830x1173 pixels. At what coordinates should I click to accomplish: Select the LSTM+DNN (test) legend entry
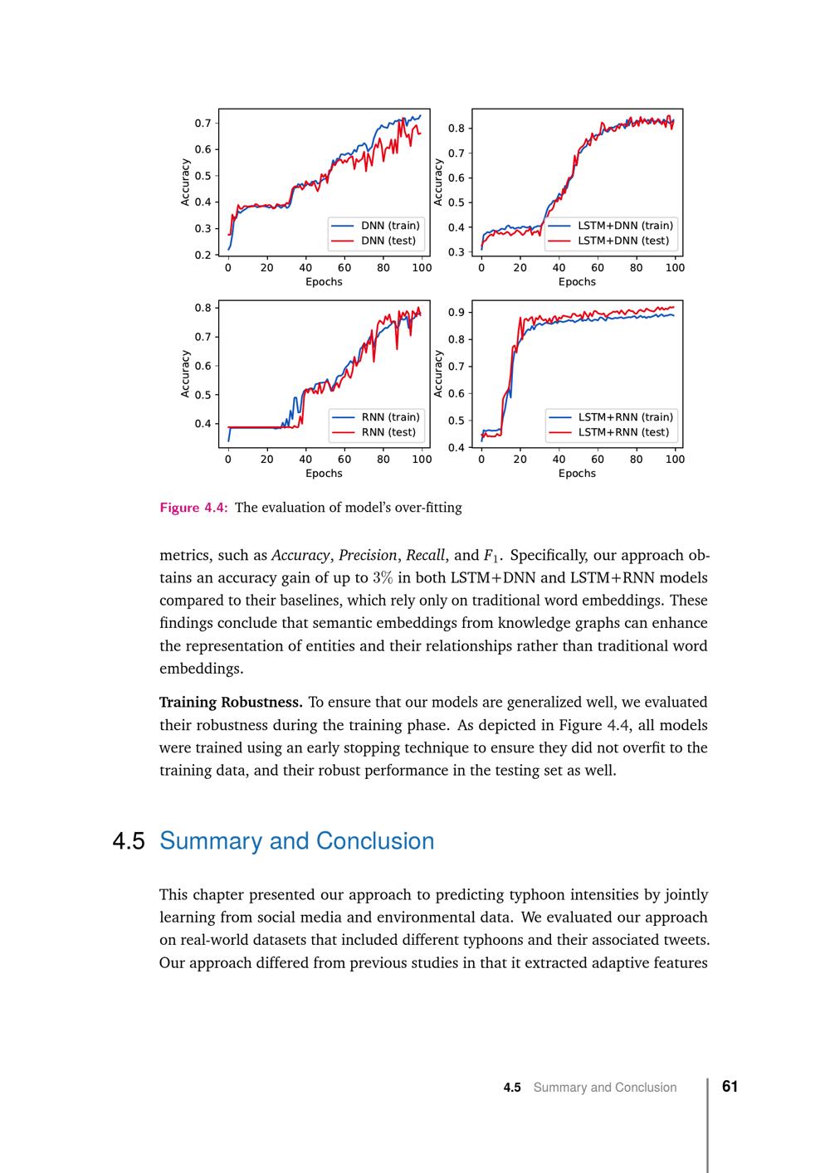pyautogui.click(x=622, y=241)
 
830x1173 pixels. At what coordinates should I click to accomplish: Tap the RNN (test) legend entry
pyautogui.click(x=388, y=432)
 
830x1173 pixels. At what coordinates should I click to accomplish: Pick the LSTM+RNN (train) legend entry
pyautogui.click(x=625, y=417)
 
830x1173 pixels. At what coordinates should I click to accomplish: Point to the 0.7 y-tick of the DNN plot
pyautogui.click(x=203, y=124)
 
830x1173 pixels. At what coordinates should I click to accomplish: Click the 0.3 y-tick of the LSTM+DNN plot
pyautogui.click(x=456, y=252)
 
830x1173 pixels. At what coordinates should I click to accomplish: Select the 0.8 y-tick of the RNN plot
pyautogui.click(x=203, y=308)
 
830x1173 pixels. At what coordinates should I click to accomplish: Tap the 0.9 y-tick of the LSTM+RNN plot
pyautogui.click(x=456, y=313)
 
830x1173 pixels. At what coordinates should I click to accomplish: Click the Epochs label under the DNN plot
pyautogui.click(x=324, y=282)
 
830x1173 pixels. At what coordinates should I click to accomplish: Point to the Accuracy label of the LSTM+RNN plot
pyautogui.click(x=438, y=373)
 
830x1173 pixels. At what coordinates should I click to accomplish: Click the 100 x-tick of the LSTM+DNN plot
pyautogui.click(x=675, y=268)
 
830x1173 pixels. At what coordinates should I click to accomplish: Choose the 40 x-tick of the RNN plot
pyautogui.click(x=305, y=460)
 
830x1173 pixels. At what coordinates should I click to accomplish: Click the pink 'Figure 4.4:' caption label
pyautogui.click(x=193, y=508)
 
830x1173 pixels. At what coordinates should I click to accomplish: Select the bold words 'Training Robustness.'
pyautogui.click(x=231, y=702)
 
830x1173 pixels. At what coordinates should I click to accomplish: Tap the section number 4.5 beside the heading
pyautogui.click(x=129, y=841)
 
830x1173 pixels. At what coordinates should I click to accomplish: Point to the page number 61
pyautogui.click(x=730, y=1087)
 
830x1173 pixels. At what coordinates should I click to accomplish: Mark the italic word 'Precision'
pyautogui.click(x=368, y=555)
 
